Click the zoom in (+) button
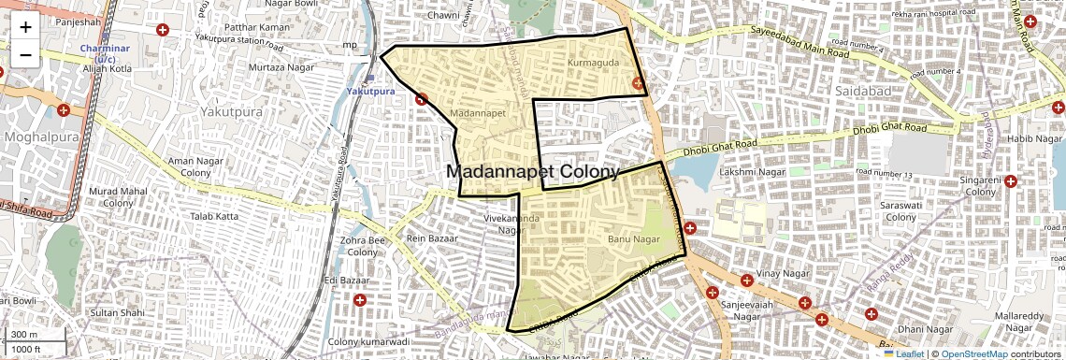[25, 27]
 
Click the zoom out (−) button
[25, 54]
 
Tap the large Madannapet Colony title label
[532, 172]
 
